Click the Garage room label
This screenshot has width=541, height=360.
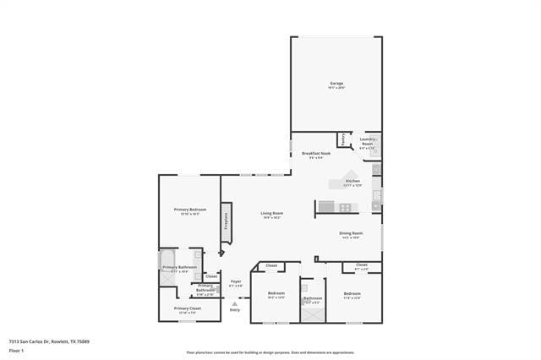coord(336,83)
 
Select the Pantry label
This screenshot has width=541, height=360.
coord(342,139)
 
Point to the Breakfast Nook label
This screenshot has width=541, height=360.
coord(316,153)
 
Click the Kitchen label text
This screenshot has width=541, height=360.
coord(352,181)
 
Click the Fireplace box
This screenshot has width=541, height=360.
coord(226,220)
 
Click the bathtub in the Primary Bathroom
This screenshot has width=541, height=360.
coord(167,266)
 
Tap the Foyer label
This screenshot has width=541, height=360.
coord(236,281)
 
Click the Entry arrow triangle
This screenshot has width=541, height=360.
coord(235,303)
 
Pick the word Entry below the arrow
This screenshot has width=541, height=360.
coord(235,310)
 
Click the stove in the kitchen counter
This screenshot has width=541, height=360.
coord(344,207)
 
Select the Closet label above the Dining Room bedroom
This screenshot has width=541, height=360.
coord(361,265)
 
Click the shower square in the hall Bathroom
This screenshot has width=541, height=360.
coord(313,314)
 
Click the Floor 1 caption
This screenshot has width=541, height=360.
coord(16,350)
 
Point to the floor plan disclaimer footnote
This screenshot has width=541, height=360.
coord(270,352)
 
